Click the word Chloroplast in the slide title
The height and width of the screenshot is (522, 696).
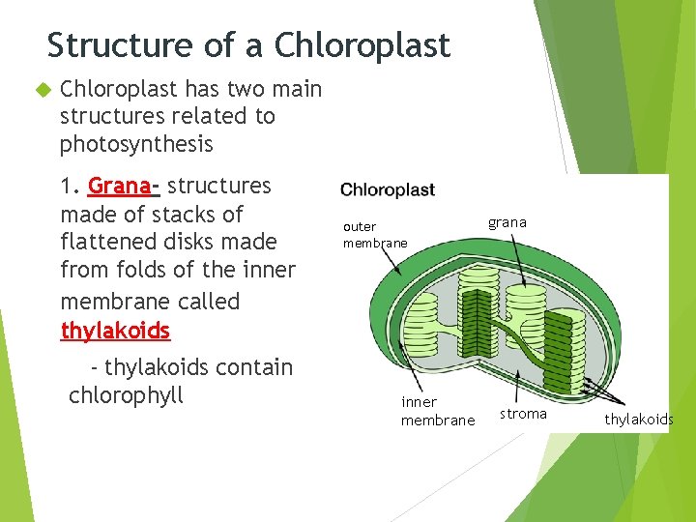[x=362, y=45]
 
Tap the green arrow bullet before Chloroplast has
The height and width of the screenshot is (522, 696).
[x=42, y=89]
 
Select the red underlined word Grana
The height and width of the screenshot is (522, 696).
[x=120, y=186]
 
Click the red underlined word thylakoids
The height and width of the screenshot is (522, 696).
[x=115, y=331]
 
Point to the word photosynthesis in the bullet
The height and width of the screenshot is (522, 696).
[x=135, y=145]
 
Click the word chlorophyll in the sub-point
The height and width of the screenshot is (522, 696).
[x=126, y=395]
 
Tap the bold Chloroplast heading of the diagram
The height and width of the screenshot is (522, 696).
[x=388, y=189]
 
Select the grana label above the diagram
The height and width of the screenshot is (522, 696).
[x=507, y=222]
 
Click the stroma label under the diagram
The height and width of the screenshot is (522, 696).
[x=523, y=414]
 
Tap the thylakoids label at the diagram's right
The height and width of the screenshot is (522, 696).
[x=638, y=419]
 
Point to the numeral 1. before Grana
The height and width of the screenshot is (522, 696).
[x=71, y=186]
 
